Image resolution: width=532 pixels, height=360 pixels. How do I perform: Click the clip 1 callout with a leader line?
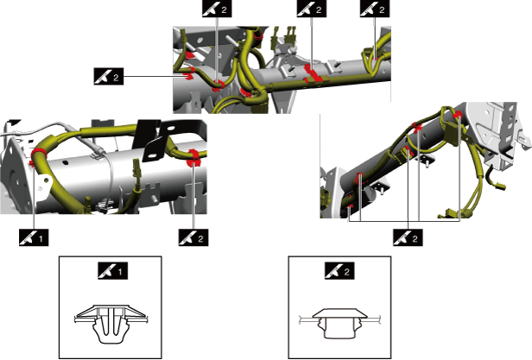pyautogui.click(x=34, y=238)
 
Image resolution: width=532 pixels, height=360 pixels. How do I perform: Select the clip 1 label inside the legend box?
pyautogui.click(x=112, y=271)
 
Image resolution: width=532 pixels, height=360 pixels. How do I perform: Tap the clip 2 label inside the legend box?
pyautogui.click(x=339, y=271)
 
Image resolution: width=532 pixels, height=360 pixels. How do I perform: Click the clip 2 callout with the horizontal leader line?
pyautogui.click(x=109, y=76)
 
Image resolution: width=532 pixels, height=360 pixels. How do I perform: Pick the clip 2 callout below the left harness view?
pyautogui.click(x=193, y=238)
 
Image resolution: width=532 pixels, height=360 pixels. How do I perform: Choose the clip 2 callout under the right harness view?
pyautogui.click(x=408, y=238)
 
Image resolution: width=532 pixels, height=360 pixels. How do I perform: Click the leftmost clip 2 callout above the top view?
pyautogui.click(x=217, y=9)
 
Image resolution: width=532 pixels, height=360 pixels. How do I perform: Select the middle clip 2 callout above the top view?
pyautogui.click(x=312, y=9)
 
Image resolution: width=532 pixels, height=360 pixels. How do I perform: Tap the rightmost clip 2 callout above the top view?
pyautogui.click(x=375, y=9)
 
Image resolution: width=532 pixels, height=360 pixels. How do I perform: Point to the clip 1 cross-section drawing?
pyautogui.click(x=111, y=324)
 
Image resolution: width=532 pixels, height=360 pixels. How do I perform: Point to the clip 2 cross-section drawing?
pyautogui.click(x=339, y=323)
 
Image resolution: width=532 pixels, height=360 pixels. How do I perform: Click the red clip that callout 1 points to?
pyautogui.click(x=36, y=155)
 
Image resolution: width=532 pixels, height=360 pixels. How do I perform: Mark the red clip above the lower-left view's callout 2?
pyautogui.click(x=194, y=158)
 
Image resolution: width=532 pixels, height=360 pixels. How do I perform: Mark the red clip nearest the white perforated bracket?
pyautogui.click(x=458, y=115)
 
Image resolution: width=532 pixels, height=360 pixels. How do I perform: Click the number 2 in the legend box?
pyautogui.click(x=347, y=271)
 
